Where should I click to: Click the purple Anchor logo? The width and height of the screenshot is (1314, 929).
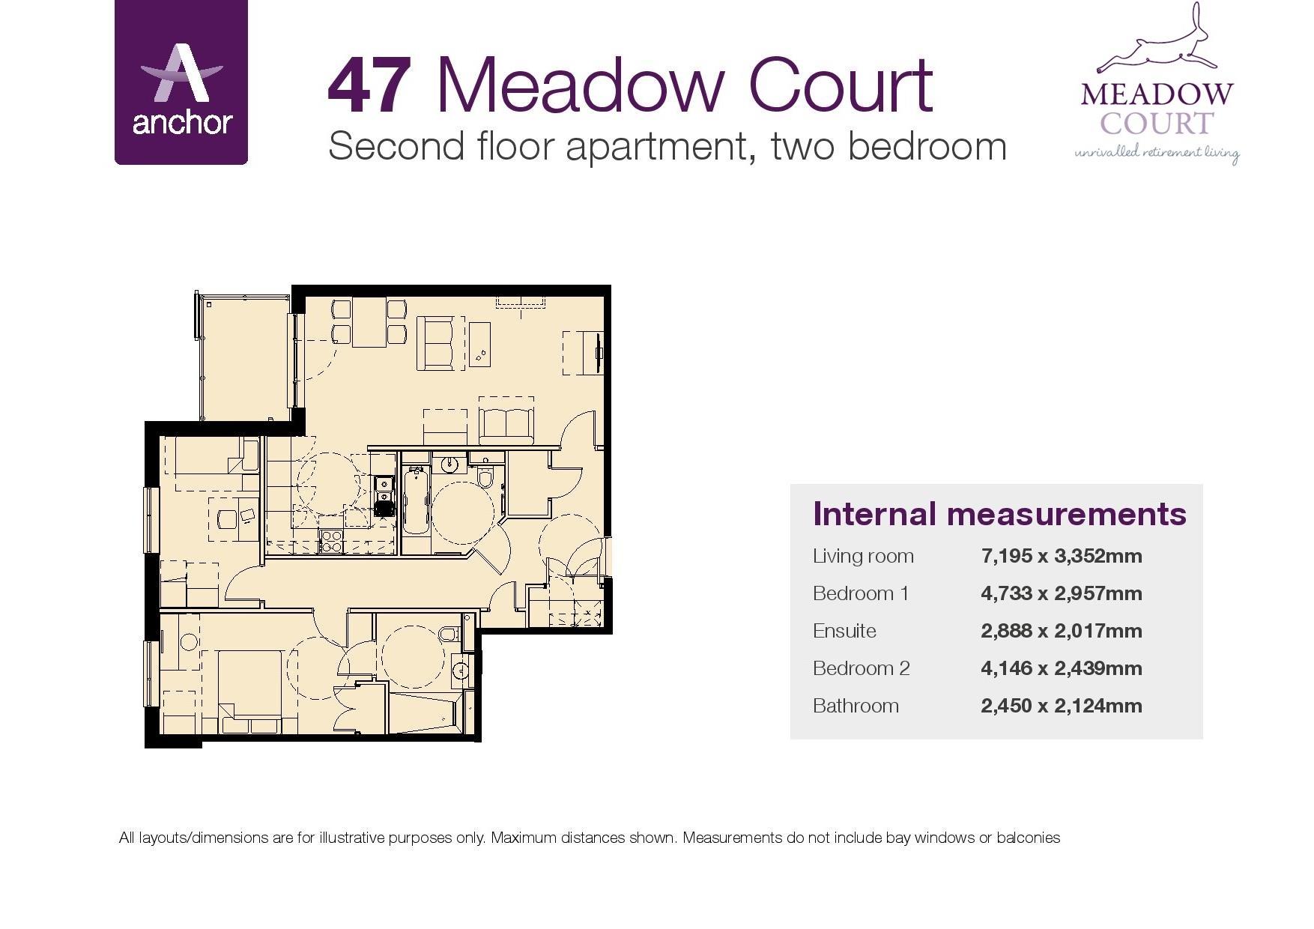(181, 82)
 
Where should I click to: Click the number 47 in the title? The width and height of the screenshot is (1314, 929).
(370, 87)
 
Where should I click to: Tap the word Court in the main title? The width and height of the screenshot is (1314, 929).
(841, 87)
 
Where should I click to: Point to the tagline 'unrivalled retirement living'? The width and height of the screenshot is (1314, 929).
(1157, 154)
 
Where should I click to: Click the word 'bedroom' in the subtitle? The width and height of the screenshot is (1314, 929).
(927, 146)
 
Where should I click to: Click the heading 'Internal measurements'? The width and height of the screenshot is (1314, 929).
(999, 514)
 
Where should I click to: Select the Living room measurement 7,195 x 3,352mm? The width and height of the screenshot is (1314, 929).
(1061, 556)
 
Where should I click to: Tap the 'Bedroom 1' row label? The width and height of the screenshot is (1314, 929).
(861, 593)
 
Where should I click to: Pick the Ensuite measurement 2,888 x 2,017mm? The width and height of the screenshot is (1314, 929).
(1061, 631)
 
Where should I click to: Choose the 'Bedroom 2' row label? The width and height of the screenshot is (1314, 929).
(861, 668)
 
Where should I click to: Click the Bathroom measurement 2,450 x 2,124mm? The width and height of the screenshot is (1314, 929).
(1061, 706)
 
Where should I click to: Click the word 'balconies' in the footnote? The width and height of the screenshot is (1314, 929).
(1028, 838)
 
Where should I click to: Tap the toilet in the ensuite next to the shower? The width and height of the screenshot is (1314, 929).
(449, 635)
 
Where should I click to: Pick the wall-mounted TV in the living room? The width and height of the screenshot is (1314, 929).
(599, 351)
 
